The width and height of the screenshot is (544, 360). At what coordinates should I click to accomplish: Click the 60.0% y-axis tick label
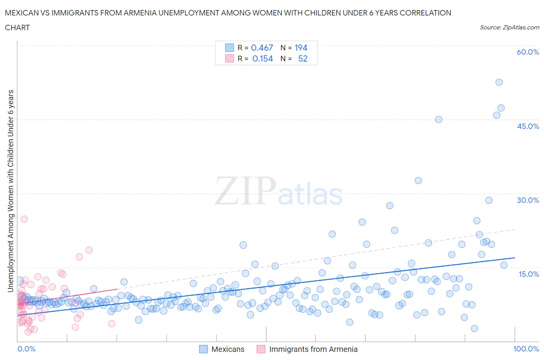[x=528, y=52]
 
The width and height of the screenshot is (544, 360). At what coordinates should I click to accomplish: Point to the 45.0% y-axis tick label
[x=528, y=126]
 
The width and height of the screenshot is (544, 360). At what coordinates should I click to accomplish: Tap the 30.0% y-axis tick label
[x=528, y=200]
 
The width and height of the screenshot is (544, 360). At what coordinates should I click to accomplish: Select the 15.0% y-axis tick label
[x=528, y=274]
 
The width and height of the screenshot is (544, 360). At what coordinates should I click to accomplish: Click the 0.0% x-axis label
[x=26, y=349]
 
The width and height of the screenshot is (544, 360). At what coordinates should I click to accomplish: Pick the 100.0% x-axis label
[x=526, y=349]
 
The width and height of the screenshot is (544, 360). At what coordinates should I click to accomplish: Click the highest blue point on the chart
[x=499, y=82]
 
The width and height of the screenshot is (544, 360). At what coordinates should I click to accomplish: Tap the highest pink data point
[x=24, y=219]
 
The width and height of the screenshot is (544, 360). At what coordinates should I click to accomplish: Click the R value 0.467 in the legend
[x=262, y=48]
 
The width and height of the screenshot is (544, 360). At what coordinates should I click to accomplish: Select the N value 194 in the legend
[x=301, y=48]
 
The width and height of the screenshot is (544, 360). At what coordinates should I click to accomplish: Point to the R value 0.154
[x=262, y=58]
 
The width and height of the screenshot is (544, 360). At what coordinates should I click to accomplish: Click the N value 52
[x=303, y=58]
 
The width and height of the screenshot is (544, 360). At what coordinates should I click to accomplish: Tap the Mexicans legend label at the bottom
[x=228, y=349]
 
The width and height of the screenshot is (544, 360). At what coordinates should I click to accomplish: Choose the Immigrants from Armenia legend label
[x=313, y=349]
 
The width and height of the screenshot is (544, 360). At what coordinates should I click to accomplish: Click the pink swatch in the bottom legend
[x=261, y=349]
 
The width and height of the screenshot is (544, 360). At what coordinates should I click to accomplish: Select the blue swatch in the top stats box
[x=229, y=48]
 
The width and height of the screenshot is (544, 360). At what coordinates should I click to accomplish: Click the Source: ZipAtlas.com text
[x=509, y=27]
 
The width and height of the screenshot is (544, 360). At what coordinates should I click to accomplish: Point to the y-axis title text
[x=10, y=191]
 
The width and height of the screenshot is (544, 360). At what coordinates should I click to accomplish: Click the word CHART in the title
[x=17, y=27]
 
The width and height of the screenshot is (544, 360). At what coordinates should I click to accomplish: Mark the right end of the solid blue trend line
[x=515, y=257]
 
